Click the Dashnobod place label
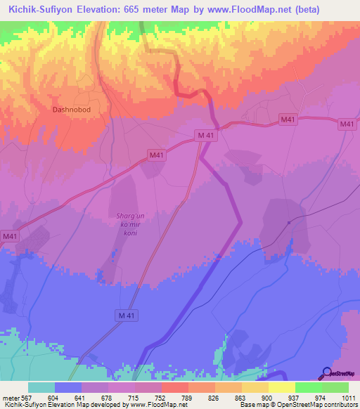click(x=72, y=110)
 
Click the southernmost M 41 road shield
click(x=125, y=317)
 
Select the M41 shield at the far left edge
click(x=10, y=237)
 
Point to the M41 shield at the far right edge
click(x=347, y=124)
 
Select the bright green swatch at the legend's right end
click(x=335, y=387)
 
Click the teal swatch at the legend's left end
click(x=41, y=387)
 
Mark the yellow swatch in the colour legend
click(x=281, y=387)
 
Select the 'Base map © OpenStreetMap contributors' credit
click(x=297, y=405)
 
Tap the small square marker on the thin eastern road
click(x=289, y=223)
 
